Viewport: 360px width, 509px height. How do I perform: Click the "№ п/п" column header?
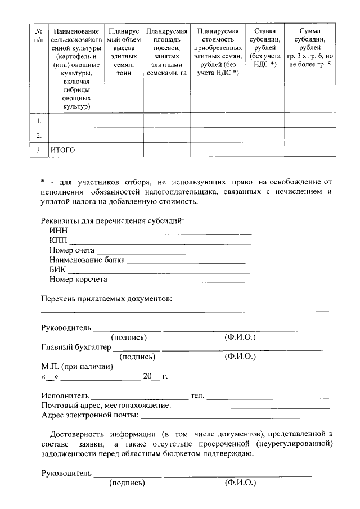click(x=39, y=35)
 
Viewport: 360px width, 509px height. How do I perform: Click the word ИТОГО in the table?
click(x=62, y=150)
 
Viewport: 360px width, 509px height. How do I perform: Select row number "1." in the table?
click(x=39, y=121)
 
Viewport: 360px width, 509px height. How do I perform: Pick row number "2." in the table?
click(x=39, y=136)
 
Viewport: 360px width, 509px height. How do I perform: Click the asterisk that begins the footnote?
click(x=43, y=182)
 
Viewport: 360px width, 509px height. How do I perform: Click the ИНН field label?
click(x=58, y=231)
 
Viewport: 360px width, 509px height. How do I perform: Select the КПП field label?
click(x=58, y=241)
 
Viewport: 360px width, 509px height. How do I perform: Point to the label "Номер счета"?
click(x=71, y=250)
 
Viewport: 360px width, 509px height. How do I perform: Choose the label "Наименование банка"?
click(x=87, y=260)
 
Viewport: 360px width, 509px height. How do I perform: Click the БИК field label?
click(x=57, y=269)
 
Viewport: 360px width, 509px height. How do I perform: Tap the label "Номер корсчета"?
click(x=78, y=279)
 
